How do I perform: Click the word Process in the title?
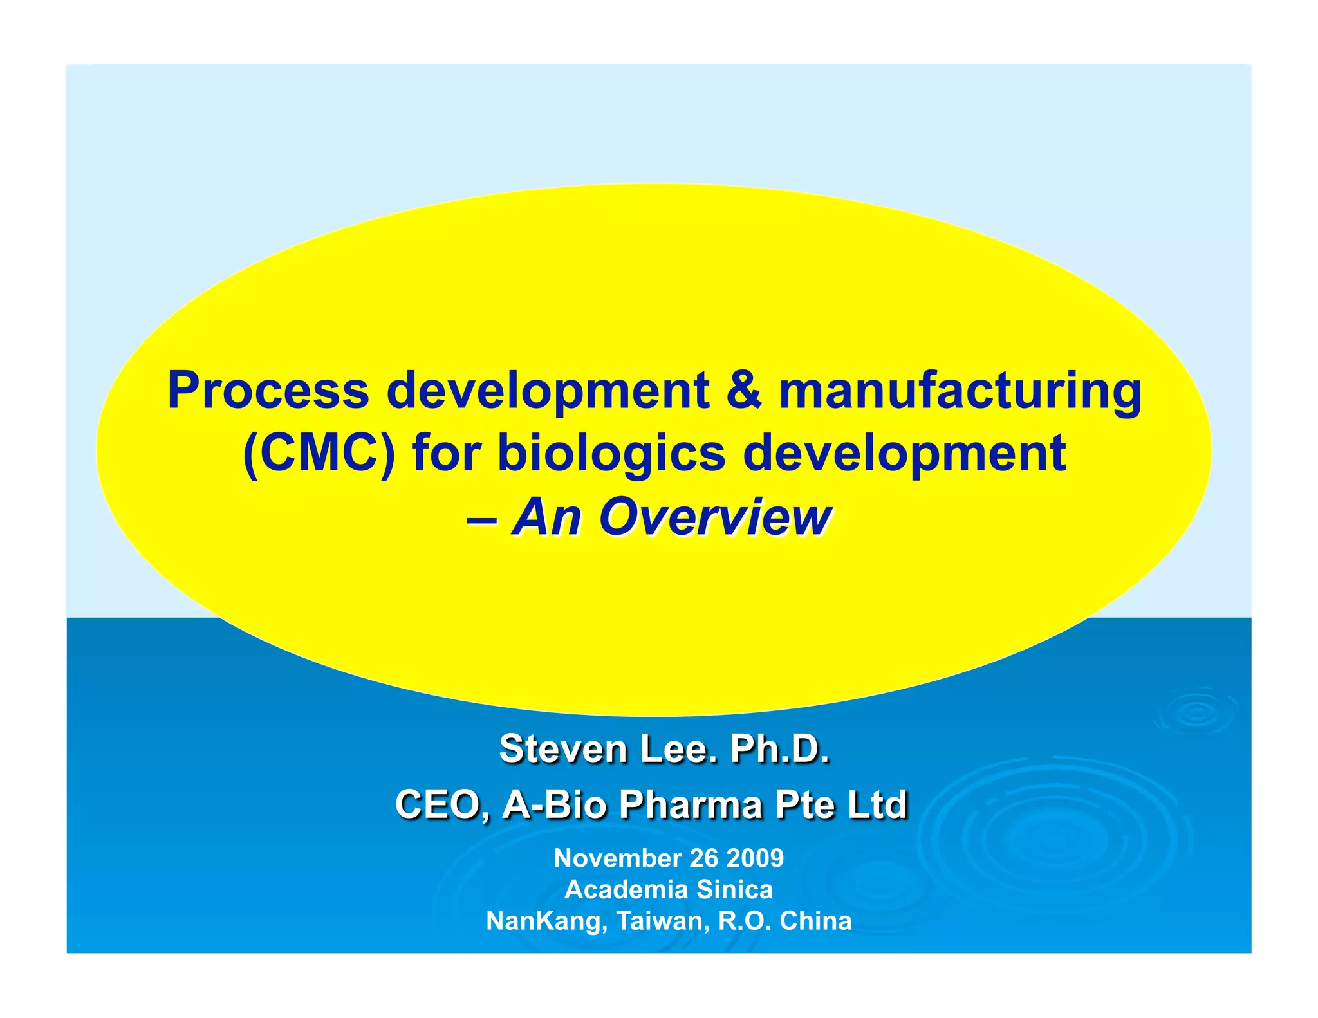coord(267,391)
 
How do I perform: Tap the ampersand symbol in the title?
coord(744,390)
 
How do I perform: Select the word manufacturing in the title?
coord(960,391)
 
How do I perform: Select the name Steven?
coord(562,749)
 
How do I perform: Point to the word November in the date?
coord(618,858)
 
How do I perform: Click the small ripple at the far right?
coord(1196,713)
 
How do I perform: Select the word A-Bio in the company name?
coord(553,804)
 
